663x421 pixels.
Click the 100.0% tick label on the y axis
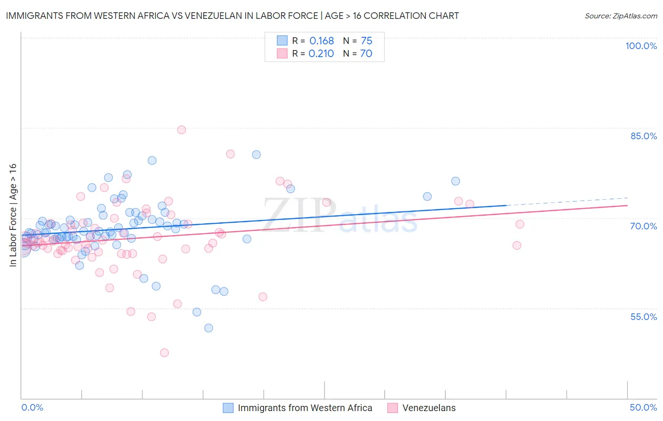(641, 46)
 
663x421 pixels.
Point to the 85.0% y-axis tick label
(643, 136)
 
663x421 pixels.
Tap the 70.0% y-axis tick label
(643, 226)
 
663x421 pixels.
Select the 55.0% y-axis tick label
(643, 317)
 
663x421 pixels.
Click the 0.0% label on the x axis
(32, 407)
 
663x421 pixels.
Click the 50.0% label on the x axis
(643, 407)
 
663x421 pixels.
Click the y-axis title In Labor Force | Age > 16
(13, 215)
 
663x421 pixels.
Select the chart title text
(232, 16)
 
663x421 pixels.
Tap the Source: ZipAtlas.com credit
(621, 16)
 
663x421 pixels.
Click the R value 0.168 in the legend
(322, 41)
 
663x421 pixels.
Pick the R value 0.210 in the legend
(321, 54)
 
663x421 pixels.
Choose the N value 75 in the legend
(366, 41)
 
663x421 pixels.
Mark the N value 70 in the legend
(366, 54)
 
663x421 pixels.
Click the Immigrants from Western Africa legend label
(305, 408)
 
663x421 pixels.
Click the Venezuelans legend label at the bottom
(429, 408)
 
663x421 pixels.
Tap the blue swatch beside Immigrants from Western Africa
(228, 408)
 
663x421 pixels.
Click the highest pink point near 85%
(182, 130)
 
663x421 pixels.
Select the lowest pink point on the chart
(164, 353)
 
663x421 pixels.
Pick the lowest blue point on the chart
(208, 328)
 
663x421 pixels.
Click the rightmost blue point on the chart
(456, 181)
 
